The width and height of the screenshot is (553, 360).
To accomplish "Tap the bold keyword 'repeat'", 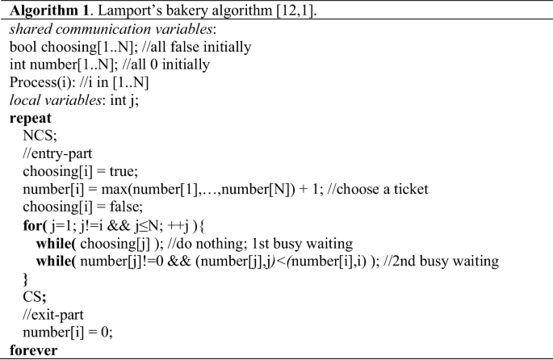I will pyautogui.click(x=30, y=117).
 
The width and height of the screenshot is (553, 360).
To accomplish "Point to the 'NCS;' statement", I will pyautogui.click(x=36, y=135).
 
